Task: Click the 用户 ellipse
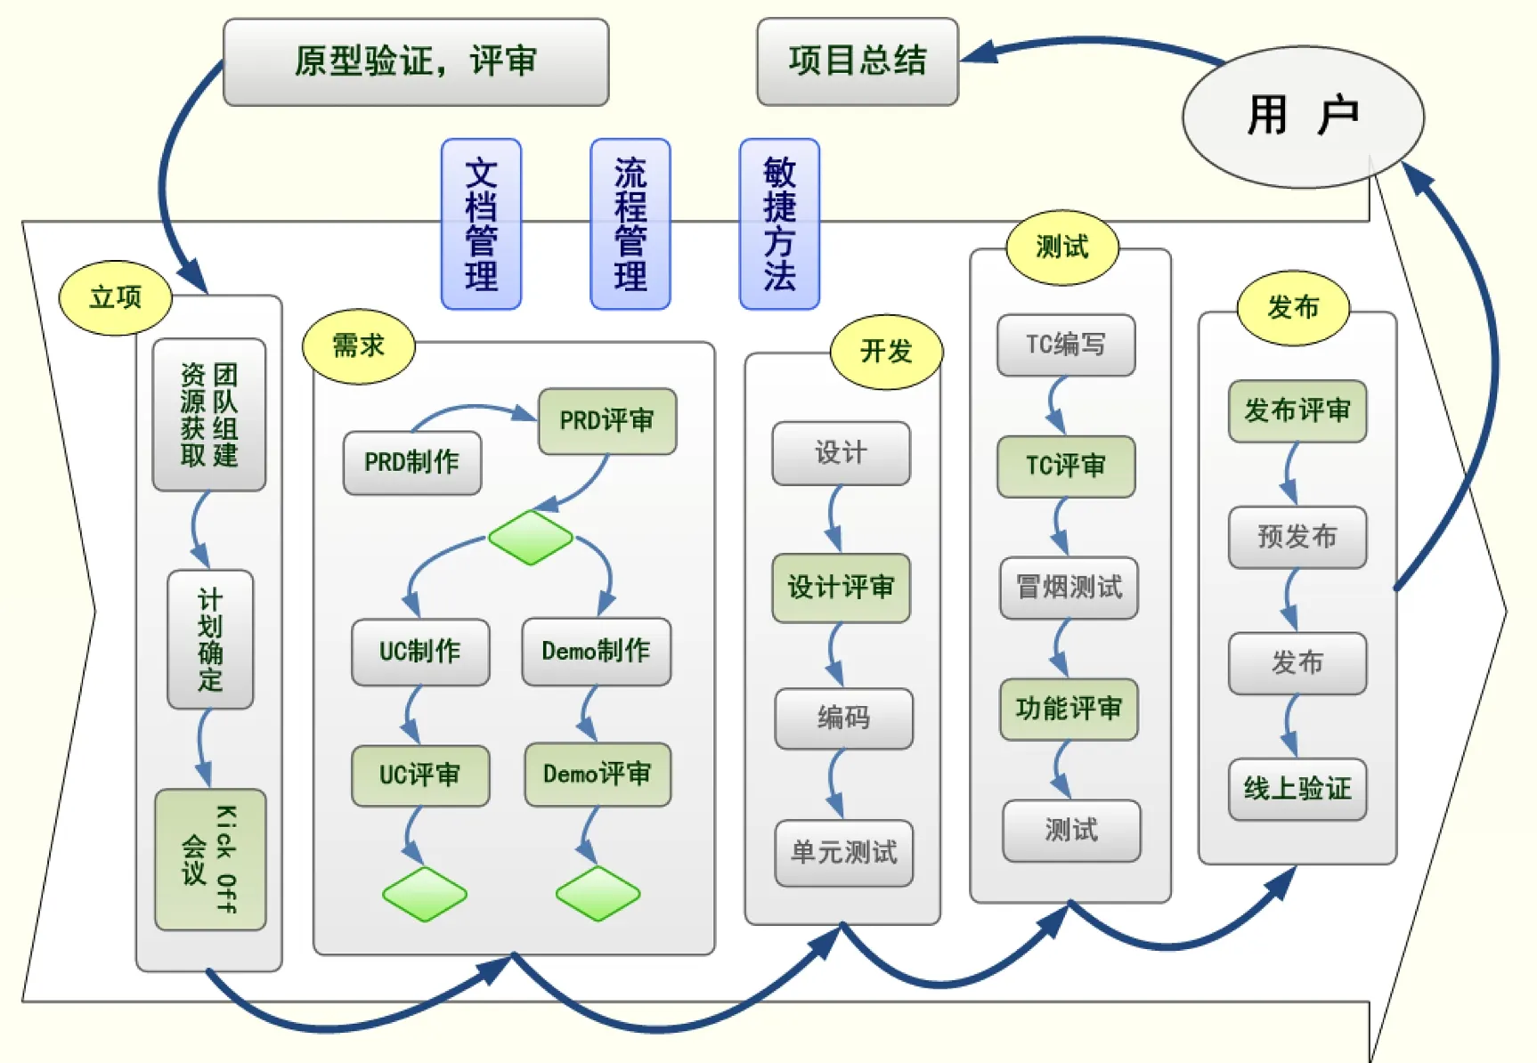point(1302,117)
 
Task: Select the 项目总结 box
point(858,61)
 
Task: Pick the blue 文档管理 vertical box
point(481,223)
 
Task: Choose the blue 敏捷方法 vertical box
point(779,223)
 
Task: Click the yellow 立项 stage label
point(115,297)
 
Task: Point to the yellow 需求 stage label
point(358,345)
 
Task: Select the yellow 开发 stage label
point(886,352)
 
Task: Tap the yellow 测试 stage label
point(1061,247)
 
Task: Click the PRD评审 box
point(606,420)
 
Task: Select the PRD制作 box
point(411,462)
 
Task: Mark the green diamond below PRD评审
point(531,537)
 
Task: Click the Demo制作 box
point(596,651)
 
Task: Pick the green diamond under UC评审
point(424,893)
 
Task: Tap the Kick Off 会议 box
point(210,859)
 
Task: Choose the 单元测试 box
point(843,852)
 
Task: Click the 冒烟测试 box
point(1069,588)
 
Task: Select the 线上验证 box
point(1297,789)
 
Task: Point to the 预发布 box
point(1297,537)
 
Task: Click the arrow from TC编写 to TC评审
point(1056,406)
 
